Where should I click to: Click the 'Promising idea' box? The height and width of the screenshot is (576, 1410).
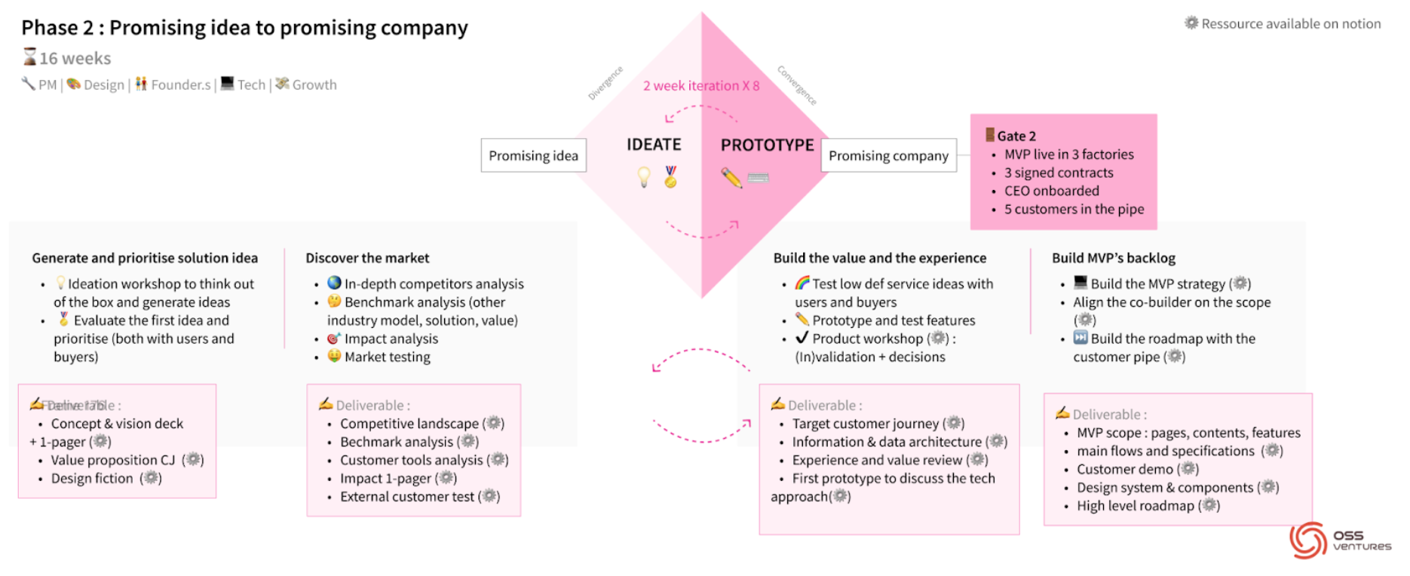click(533, 155)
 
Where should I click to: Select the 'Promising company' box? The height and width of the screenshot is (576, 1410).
click(888, 155)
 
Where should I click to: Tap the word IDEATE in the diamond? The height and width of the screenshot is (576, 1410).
click(654, 144)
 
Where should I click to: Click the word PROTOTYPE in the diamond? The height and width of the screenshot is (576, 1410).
click(767, 145)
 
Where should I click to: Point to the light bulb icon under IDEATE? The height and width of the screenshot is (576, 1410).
click(644, 177)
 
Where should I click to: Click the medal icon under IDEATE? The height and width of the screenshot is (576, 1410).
click(670, 176)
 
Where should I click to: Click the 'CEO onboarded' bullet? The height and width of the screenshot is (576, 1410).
click(1051, 191)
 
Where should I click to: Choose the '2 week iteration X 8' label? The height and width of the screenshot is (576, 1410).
click(701, 86)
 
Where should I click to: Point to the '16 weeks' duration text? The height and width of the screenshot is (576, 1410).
click(75, 58)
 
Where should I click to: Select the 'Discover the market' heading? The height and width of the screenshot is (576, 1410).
click(367, 258)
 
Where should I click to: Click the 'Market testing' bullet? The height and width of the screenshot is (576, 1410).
click(387, 357)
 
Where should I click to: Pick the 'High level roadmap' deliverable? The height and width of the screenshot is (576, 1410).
click(1135, 505)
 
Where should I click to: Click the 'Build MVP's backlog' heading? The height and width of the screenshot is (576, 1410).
click(1113, 258)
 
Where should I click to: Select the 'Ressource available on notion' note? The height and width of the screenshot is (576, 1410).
click(1290, 23)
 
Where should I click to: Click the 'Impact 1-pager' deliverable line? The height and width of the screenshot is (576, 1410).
click(385, 478)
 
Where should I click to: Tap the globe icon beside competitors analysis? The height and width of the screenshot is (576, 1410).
click(334, 283)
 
